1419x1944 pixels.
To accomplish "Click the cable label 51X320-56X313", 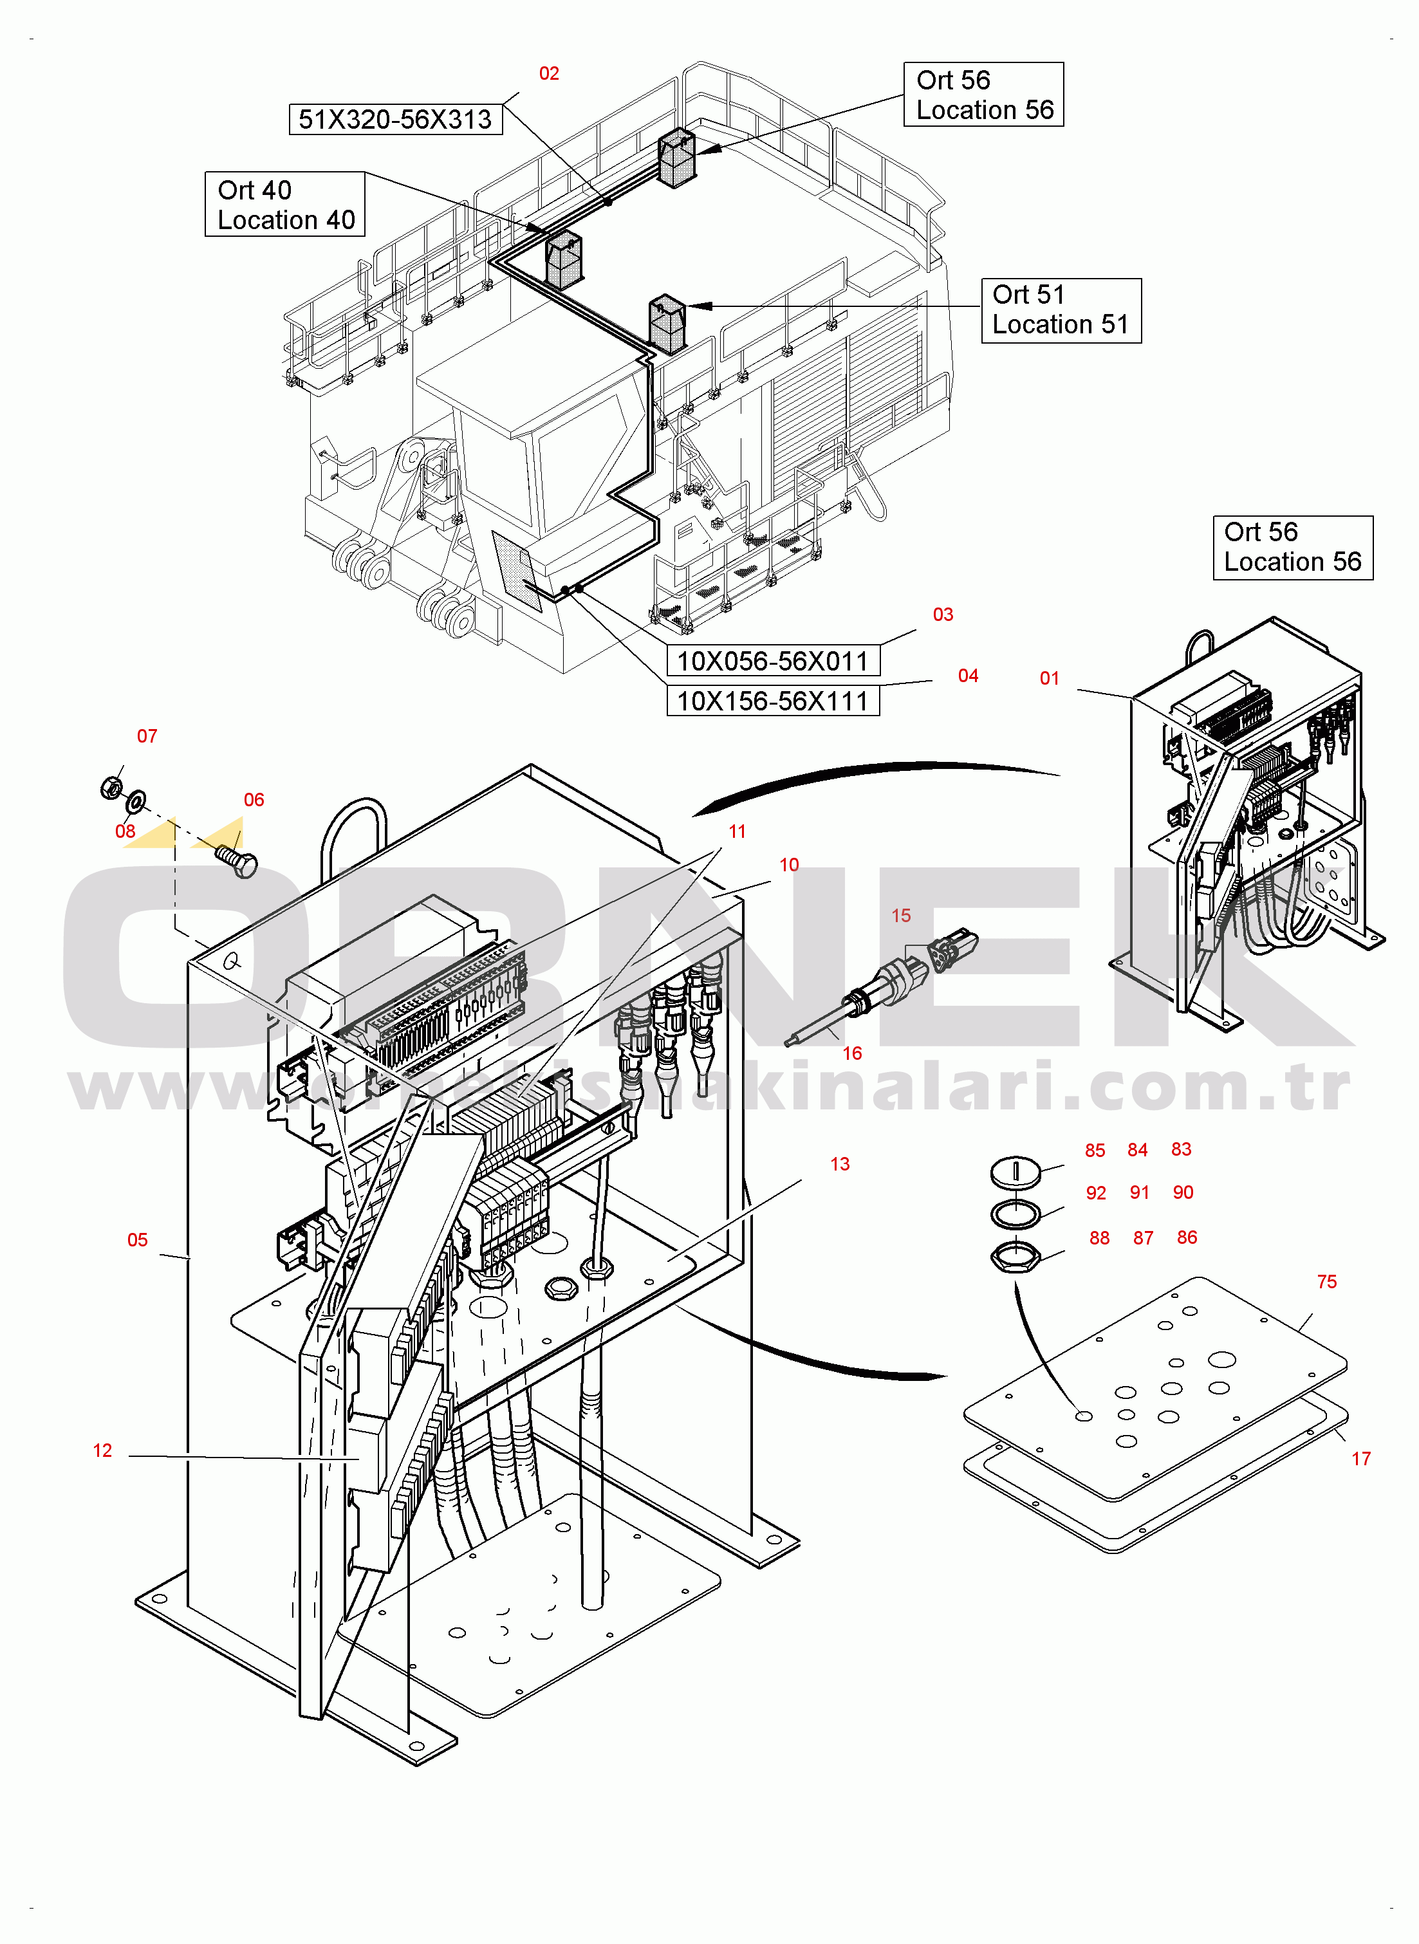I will click(x=395, y=119).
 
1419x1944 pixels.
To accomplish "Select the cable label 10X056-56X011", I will click(x=772, y=661).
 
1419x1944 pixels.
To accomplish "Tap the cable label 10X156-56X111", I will click(x=772, y=701).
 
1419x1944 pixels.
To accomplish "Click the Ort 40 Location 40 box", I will click(x=285, y=205).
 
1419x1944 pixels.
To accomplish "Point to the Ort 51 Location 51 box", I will click(x=1061, y=310).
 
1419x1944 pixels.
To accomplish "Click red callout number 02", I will click(x=549, y=74).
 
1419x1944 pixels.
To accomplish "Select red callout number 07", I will click(x=147, y=736).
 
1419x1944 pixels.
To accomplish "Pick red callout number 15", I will click(x=901, y=915).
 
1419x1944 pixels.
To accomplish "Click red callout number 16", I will click(x=852, y=1053).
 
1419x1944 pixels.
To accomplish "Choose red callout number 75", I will click(x=1327, y=1281).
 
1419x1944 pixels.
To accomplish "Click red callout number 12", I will click(x=102, y=1450).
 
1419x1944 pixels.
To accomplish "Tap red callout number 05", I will click(x=138, y=1240).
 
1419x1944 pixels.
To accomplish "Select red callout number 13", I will click(x=840, y=1163).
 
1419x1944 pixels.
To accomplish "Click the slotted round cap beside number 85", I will click(x=1016, y=1171).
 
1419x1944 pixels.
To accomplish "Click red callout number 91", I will click(x=1140, y=1192).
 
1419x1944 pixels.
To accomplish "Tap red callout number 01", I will click(x=1050, y=678).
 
